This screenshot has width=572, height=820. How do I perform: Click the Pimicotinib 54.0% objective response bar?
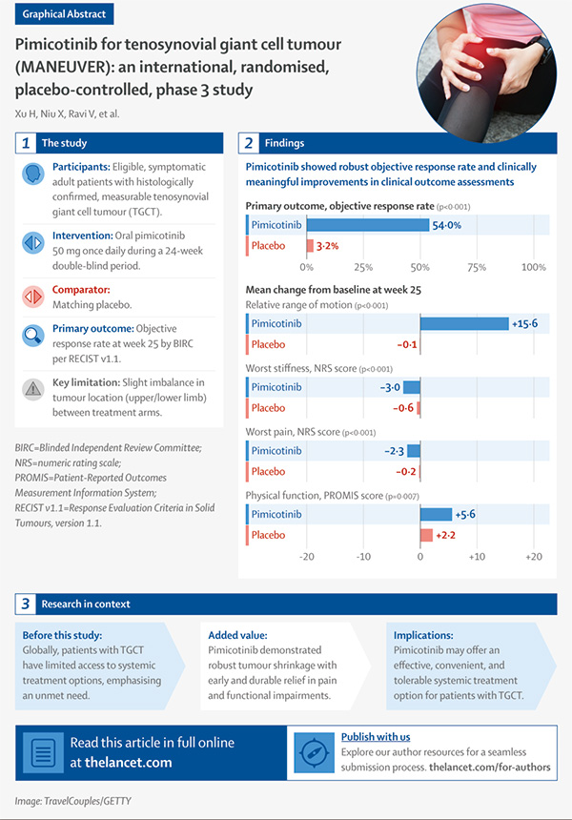coord(368,225)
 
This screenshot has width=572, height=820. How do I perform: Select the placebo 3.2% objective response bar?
coord(310,245)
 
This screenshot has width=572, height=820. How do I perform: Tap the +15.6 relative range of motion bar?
coord(464,324)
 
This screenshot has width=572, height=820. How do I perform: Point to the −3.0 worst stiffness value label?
coord(390,387)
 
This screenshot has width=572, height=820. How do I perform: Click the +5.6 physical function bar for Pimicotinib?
coord(436,514)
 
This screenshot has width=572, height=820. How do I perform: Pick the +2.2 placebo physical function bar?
coord(427,535)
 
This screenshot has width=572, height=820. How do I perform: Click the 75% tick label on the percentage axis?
coord(477,267)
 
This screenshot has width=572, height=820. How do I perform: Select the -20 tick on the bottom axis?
coord(306,557)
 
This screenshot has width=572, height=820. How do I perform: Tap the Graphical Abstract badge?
coord(64,14)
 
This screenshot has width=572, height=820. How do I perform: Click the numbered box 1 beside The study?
coord(26,143)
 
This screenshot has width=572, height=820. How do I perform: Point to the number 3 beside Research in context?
coord(25,604)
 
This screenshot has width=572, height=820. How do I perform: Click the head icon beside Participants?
coord(33,174)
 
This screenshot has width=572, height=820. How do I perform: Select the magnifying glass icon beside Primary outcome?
coord(33,336)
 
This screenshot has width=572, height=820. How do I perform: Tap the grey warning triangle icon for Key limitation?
coord(33,389)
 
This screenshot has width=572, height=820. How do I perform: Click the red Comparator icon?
coord(33,297)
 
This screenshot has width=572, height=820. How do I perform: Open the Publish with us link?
coord(376,737)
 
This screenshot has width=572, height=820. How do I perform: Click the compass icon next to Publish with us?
coord(315,752)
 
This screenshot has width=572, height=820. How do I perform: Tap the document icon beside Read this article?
coord(44,752)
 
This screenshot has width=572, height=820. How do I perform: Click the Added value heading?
coord(237,635)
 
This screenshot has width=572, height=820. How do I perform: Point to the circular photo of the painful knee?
coord(486,73)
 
